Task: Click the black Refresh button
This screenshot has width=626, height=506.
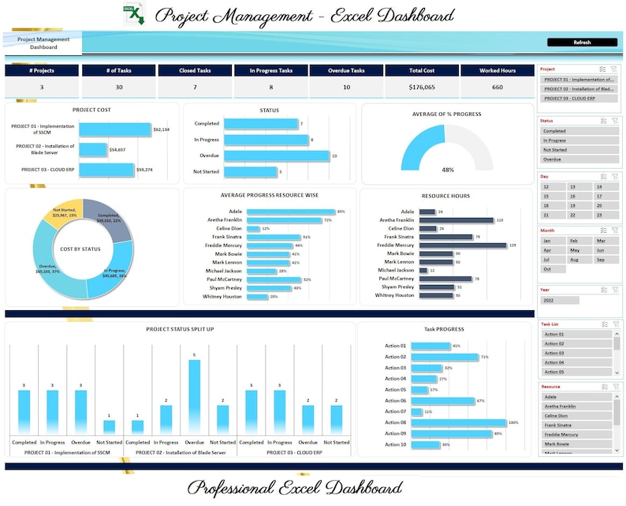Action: click(581, 43)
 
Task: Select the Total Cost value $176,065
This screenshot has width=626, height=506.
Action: click(422, 88)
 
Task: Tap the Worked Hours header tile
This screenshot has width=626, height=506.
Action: click(497, 70)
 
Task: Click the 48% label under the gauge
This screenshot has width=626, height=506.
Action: click(447, 170)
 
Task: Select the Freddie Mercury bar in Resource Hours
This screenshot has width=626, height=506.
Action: click(463, 246)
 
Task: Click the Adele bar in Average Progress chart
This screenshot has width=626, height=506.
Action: click(290, 212)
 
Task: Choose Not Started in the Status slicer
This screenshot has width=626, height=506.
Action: click(579, 149)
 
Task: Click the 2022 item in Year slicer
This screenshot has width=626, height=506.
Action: click(559, 300)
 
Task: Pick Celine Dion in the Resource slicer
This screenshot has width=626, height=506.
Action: click(576, 416)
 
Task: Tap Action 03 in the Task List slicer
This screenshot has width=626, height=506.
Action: click(576, 353)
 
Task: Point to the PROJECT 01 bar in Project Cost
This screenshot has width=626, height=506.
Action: click(114, 129)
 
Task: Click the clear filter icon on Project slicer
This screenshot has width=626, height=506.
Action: click(614, 69)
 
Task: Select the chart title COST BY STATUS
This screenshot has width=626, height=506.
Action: click(80, 249)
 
